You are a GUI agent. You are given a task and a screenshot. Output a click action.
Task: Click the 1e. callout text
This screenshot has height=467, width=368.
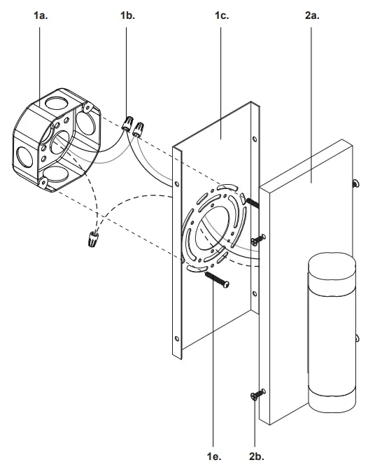[215, 456]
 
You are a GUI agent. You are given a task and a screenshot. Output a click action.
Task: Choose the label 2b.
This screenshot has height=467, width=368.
[256, 456]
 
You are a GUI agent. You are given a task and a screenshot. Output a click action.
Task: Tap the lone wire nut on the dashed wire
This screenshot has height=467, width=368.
[91, 240]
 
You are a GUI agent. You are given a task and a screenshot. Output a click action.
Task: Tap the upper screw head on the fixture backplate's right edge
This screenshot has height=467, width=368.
[355, 183]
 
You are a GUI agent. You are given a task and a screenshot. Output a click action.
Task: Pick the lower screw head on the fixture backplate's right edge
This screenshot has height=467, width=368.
[355, 336]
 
